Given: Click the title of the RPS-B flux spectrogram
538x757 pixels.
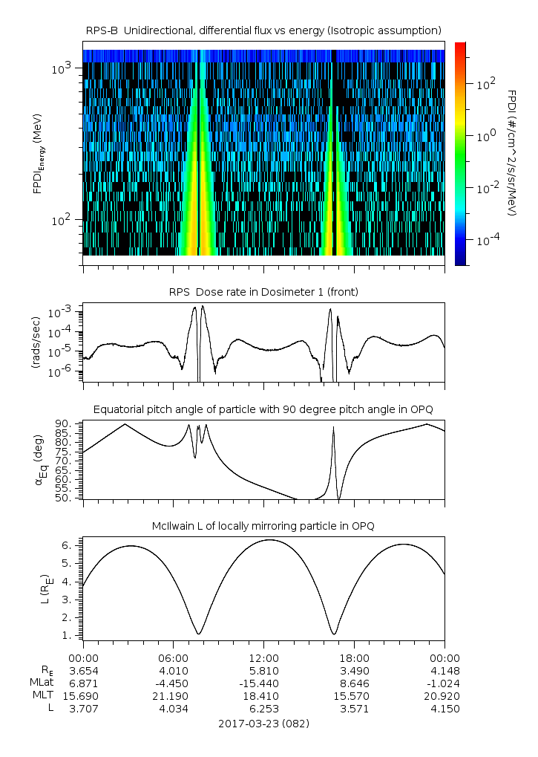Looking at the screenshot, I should pyautogui.click(x=263, y=30).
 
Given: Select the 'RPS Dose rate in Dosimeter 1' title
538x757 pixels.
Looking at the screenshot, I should pyautogui.click(x=263, y=292).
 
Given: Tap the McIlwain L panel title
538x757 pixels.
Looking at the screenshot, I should pyautogui.click(x=263, y=526).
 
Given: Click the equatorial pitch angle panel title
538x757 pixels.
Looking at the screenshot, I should pyautogui.click(x=263, y=409).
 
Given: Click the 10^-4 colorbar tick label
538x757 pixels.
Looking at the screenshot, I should pyautogui.click(x=486, y=241).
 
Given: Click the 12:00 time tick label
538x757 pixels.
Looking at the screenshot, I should pyautogui.click(x=263, y=658).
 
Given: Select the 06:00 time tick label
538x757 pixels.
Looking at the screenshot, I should pyautogui.click(x=173, y=658).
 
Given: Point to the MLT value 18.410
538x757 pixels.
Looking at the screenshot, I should pyautogui.click(x=263, y=696).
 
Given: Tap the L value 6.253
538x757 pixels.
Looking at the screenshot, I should pyautogui.click(x=263, y=709).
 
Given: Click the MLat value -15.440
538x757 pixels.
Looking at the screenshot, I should pyautogui.click(x=263, y=683).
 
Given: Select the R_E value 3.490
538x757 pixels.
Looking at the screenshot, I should pyautogui.click(x=354, y=670).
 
